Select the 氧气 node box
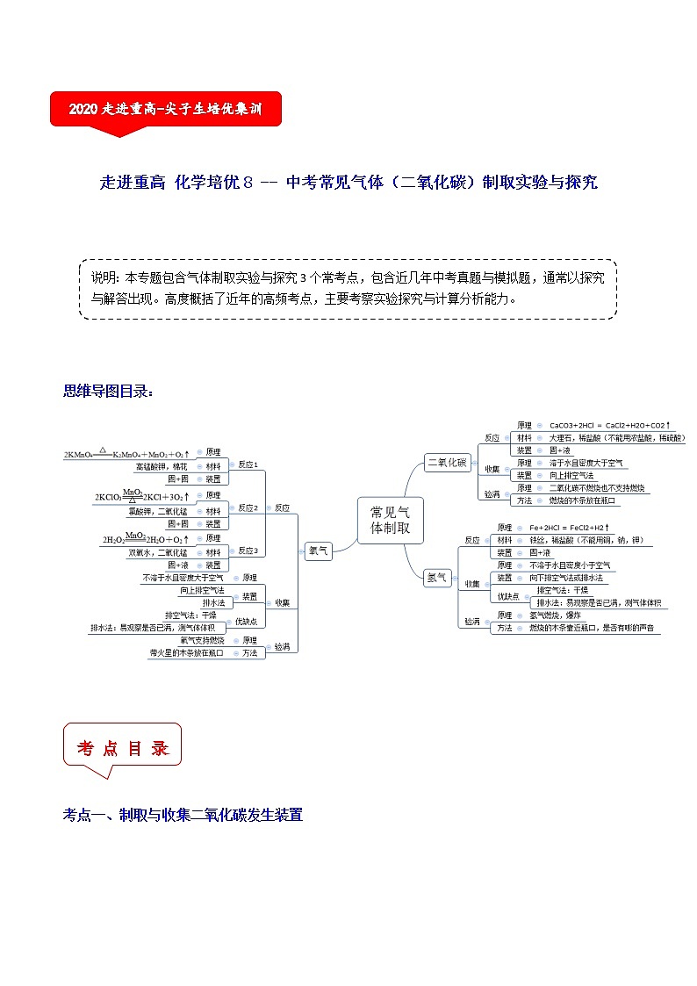[318, 551]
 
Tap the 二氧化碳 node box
[447, 463]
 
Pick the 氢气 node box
[436, 577]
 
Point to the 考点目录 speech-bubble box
[122, 748]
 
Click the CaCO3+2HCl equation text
[608, 425]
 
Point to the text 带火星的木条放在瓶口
[186, 653]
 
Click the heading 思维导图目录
[108, 391]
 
